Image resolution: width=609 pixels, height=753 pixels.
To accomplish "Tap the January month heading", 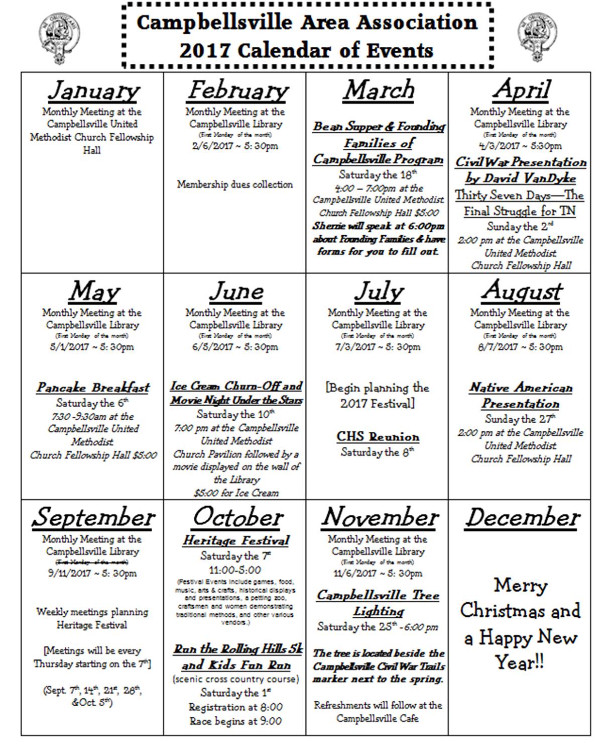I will (x=94, y=91).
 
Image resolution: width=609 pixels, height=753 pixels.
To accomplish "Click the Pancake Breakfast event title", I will (x=93, y=388).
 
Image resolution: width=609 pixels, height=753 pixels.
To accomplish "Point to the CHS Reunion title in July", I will (x=378, y=437).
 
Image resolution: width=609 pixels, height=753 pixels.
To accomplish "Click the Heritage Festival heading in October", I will (x=236, y=541).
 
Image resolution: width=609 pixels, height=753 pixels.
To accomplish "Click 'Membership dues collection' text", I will (x=234, y=184).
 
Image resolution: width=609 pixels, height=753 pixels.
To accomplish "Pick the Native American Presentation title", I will (x=521, y=396).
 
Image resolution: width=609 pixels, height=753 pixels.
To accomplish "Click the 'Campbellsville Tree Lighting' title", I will (x=378, y=603).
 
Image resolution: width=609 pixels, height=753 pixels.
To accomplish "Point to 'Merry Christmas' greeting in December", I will (x=520, y=598).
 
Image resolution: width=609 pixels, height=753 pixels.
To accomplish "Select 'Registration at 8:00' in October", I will (x=235, y=707).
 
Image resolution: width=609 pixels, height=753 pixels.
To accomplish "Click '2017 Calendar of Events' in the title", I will (x=306, y=51).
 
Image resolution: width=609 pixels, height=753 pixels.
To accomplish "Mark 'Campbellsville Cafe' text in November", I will (x=377, y=718).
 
